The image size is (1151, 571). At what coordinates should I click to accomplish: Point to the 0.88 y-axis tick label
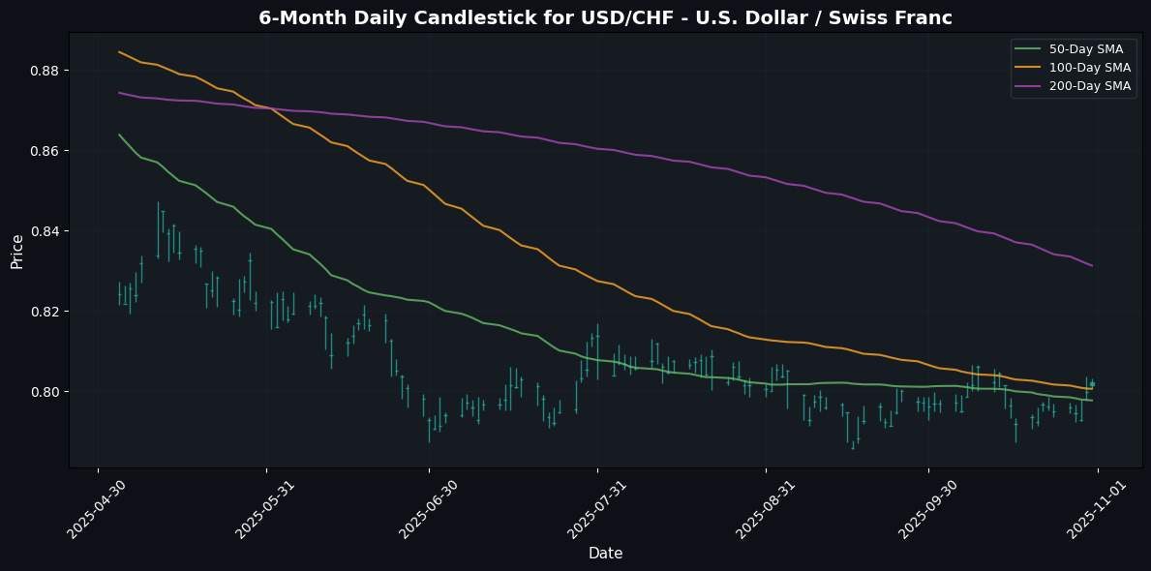(x=47, y=71)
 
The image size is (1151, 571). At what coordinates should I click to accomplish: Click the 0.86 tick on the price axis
(x=47, y=151)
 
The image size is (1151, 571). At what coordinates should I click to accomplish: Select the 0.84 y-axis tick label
(x=47, y=231)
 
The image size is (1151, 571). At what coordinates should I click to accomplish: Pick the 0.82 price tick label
(x=47, y=312)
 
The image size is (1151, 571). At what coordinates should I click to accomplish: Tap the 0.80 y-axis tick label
(x=47, y=392)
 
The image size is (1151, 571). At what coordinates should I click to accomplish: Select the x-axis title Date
(x=605, y=554)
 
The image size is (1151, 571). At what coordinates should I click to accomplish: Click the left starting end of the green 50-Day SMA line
(x=119, y=135)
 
